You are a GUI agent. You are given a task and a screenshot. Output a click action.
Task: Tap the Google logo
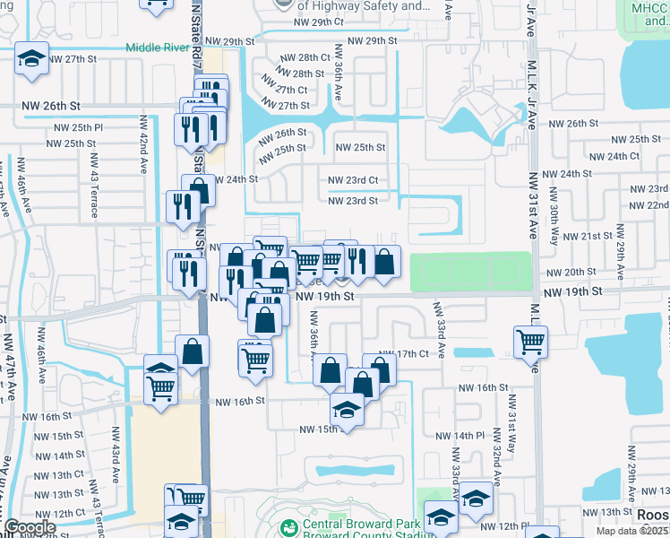(29, 527)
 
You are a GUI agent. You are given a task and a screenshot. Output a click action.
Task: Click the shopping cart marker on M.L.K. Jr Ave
(531, 341)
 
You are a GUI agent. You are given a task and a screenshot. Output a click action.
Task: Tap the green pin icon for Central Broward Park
(288, 527)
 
